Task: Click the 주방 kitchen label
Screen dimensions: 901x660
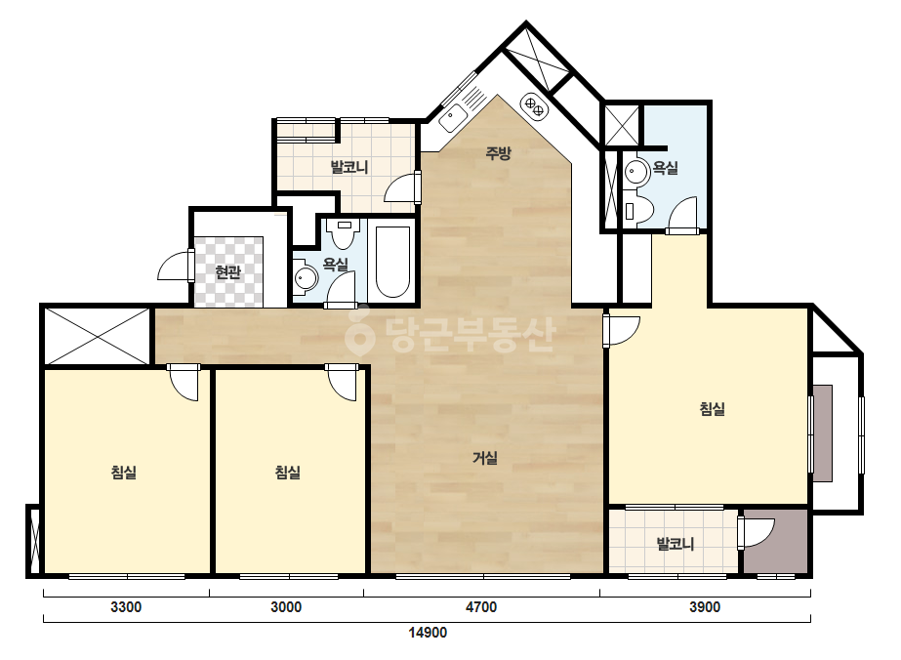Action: coord(498,153)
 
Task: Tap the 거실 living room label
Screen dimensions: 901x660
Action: coord(485,458)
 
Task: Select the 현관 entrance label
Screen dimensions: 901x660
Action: coord(228,271)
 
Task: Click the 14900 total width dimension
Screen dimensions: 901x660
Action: coord(428,633)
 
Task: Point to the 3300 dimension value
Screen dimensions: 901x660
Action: coord(126,606)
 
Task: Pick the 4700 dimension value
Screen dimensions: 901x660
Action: coord(481,606)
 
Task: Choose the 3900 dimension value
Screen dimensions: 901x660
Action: coord(705,606)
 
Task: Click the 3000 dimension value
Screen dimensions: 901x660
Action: coord(286,606)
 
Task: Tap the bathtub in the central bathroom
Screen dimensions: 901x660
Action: coord(392,262)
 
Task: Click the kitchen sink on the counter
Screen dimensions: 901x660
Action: coord(453,117)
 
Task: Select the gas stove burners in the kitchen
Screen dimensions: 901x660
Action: coord(534,105)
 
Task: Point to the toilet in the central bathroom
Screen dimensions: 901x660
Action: coord(345,233)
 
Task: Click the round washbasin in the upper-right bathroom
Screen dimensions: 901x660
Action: coord(636,171)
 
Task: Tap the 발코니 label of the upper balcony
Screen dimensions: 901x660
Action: coord(349,167)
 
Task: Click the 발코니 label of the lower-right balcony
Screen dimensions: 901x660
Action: coord(676,543)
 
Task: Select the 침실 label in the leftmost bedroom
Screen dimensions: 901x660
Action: coord(124,473)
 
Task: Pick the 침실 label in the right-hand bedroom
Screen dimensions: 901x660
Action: coord(713,409)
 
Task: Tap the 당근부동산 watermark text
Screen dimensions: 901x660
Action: coord(452,335)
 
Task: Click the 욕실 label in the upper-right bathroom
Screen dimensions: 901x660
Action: coord(666,168)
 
